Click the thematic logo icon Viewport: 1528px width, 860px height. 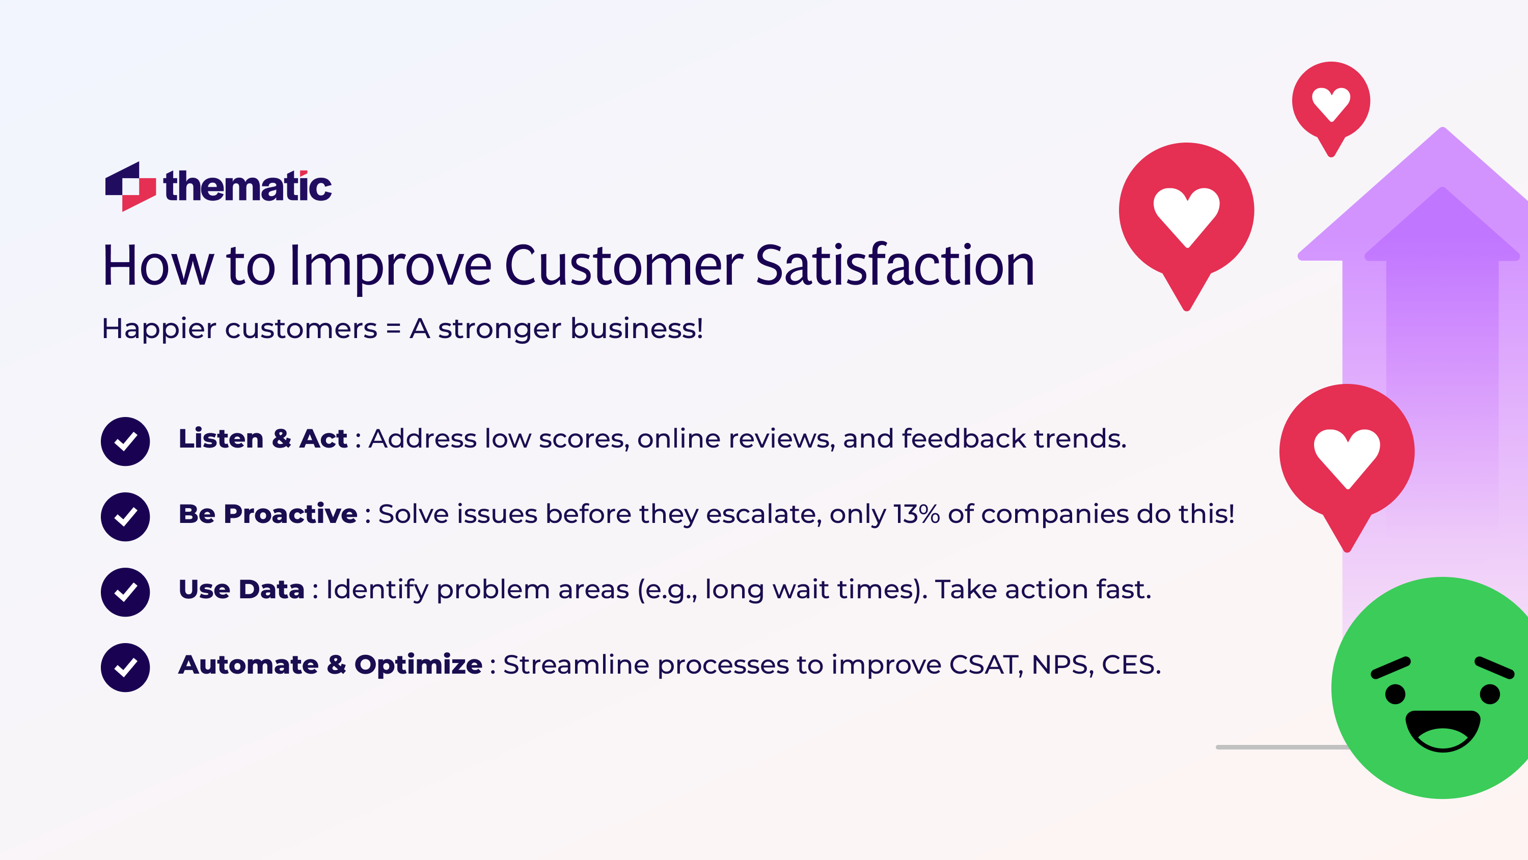pyautogui.click(x=130, y=186)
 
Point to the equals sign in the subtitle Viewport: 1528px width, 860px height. pyautogui.click(x=393, y=328)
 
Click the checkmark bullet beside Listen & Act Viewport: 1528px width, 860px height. pyautogui.click(x=125, y=441)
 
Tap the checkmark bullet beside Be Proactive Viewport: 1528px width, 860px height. pyautogui.click(x=125, y=517)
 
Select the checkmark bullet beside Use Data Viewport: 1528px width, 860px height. pyautogui.click(x=125, y=592)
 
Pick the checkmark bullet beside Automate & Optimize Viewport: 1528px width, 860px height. pyautogui.click(x=125, y=667)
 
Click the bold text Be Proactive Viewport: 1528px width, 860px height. pyautogui.click(x=268, y=514)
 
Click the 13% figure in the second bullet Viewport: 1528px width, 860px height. pyautogui.click(x=916, y=514)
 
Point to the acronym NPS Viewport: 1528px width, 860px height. pyautogui.click(x=1062, y=665)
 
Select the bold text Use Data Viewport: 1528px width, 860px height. pyautogui.click(x=241, y=590)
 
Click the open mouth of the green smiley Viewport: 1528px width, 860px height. pyautogui.click(x=1442, y=730)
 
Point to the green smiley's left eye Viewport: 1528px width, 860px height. pyautogui.click(x=1395, y=693)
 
